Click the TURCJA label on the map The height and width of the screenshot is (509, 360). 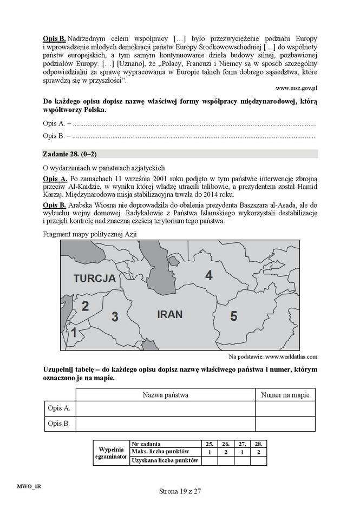[x=95, y=279]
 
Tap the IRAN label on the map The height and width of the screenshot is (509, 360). [x=169, y=314]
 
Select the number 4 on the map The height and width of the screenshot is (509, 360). [x=208, y=275]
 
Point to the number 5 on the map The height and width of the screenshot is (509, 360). [x=233, y=316]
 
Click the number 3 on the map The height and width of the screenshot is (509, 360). [x=114, y=317]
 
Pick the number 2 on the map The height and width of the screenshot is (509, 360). [x=85, y=306]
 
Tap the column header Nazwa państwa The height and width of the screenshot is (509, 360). [x=165, y=395]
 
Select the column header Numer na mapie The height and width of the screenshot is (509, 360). [x=285, y=395]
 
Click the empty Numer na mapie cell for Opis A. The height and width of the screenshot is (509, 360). [x=285, y=408]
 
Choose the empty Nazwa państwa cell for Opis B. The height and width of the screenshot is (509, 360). [x=165, y=424]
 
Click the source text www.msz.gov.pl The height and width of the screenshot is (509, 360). [x=296, y=87]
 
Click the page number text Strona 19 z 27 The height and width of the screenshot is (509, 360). [x=180, y=492]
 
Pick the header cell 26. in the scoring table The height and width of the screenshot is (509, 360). [x=226, y=444]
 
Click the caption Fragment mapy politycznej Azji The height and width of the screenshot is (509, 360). [x=89, y=233]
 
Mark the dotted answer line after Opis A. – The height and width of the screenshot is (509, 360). [x=192, y=124]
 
